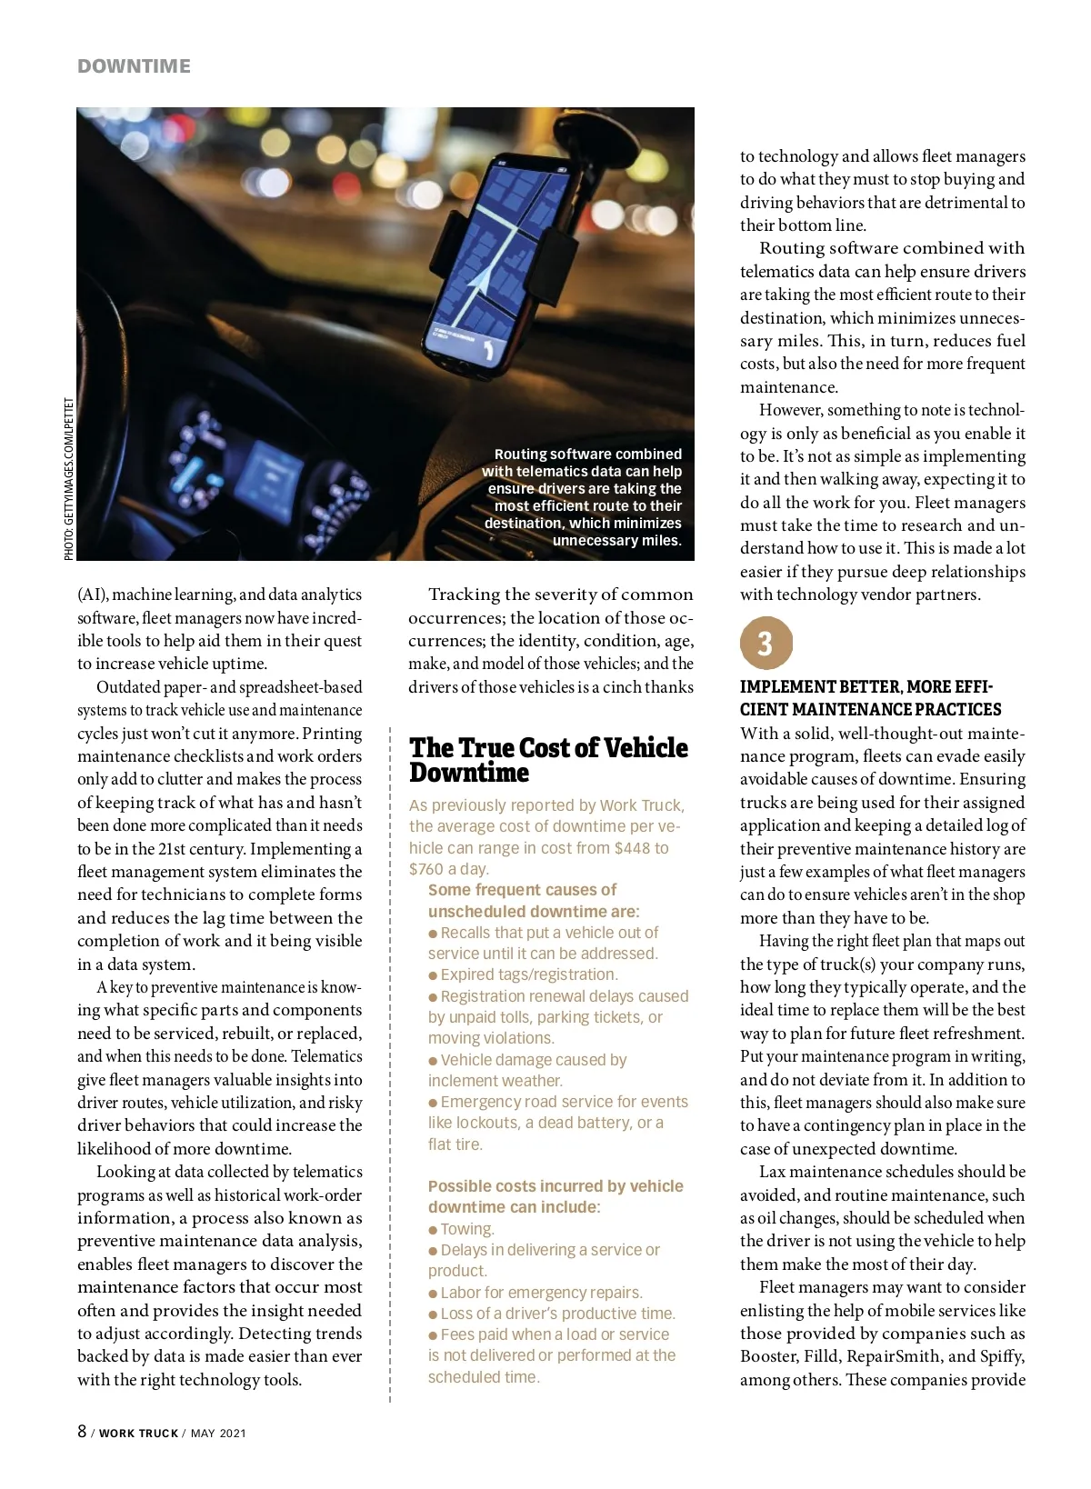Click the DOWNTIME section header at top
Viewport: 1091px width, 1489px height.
[x=134, y=66]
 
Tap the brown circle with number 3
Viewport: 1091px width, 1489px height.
[x=766, y=644]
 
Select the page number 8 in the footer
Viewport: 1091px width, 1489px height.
[x=82, y=1432]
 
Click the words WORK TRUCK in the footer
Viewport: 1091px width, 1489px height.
[x=138, y=1434]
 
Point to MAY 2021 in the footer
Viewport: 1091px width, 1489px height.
[x=218, y=1434]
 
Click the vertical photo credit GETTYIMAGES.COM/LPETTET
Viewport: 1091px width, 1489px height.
[x=69, y=479]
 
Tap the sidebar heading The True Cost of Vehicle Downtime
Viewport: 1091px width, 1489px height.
[x=548, y=760]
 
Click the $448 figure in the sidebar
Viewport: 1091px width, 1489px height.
[x=632, y=848]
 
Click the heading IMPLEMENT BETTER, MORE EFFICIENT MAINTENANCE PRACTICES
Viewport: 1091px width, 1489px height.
[x=870, y=698]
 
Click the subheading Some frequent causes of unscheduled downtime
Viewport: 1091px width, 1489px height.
[x=533, y=900]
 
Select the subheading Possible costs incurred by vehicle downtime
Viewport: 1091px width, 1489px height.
[x=555, y=1196]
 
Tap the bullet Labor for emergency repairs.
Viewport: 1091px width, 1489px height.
[x=541, y=1293]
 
